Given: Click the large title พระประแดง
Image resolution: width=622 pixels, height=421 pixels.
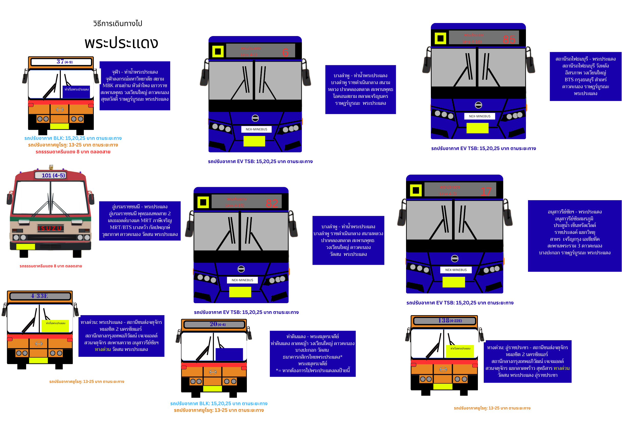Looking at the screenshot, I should [121, 43].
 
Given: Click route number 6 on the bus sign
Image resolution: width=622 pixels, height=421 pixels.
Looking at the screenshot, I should [285, 52].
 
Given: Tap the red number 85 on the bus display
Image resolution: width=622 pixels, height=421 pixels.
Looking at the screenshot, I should [509, 40].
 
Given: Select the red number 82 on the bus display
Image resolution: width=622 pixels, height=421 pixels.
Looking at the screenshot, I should [272, 203].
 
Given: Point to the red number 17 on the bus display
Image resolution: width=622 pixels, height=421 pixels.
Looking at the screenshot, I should [486, 191].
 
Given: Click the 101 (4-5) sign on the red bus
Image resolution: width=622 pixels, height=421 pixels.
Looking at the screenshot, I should [53, 175].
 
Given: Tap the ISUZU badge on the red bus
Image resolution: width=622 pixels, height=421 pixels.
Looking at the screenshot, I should [50, 228].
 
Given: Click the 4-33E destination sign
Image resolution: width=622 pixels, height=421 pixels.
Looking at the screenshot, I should [40, 296].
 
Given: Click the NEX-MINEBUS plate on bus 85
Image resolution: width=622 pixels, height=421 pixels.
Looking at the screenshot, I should [479, 116].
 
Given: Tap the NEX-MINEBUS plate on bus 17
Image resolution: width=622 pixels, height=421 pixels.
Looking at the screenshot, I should [456, 270].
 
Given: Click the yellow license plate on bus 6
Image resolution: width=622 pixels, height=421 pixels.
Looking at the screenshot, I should [254, 141].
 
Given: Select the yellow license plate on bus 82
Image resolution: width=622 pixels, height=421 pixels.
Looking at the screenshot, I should [240, 292].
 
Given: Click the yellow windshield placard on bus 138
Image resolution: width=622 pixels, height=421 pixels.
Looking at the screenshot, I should [460, 351].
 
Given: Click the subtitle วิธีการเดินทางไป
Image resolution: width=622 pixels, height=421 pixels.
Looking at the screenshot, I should [118, 24].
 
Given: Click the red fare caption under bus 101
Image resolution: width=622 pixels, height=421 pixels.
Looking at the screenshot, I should [51, 266].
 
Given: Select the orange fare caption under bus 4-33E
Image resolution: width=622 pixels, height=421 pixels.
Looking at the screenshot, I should [86, 381].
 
